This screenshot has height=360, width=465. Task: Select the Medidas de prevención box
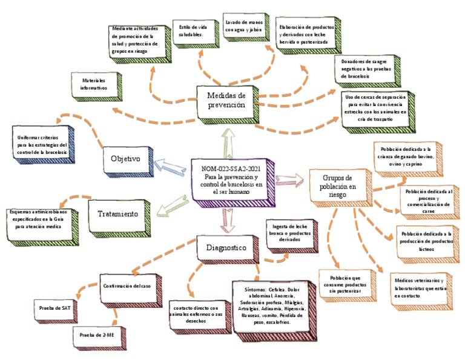(x=225, y=99)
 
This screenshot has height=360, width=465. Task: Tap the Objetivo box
(x=125, y=159)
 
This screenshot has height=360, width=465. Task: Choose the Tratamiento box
(x=118, y=214)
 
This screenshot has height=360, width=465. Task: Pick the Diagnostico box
(x=225, y=247)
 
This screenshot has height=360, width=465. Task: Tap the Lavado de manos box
(x=244, y=25)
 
